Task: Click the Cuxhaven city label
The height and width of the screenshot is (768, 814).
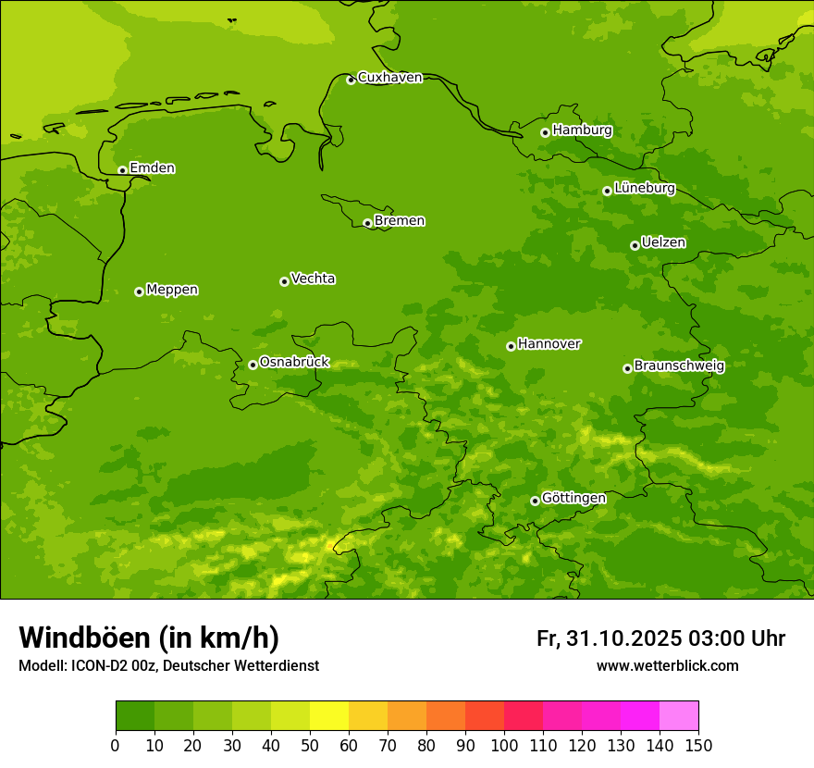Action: pyautogui.click(x=389, y=77)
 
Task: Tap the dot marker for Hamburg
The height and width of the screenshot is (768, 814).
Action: pyautogui.click(x=545, y=132)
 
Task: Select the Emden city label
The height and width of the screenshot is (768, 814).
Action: pyautogui.click(x=152, y=167)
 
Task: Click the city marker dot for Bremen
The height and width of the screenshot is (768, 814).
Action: pyautogui.click(x=367, y=223)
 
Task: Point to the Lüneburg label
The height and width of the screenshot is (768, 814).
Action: pyautogui.click(x=644, y=188)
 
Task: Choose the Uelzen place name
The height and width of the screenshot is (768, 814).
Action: pyautogui.click(x=663, y=242)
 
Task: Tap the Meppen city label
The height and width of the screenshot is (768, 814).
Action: pyautogui.click(x=172, y=290)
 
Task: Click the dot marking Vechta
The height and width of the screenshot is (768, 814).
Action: pyautogui.click(x=284, y=281)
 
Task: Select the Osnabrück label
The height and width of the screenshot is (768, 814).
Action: pyautogui.click(x=294, y=362)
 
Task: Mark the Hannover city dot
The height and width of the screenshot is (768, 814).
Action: pyautogui.click(x=511, y=346)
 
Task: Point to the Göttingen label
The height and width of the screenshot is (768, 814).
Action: pyautogui.click(x=573, y=498)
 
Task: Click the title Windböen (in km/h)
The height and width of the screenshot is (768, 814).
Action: pyautogui.click(x=149, y=638)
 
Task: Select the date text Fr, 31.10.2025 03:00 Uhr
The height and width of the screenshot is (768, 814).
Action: pyautogui.click(x=660, y=638)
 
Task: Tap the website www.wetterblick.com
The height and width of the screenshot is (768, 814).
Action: pyautogui.click(x=667, y=665)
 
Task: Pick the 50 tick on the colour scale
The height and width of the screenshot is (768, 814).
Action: pyautogui.click(x=310, y=745)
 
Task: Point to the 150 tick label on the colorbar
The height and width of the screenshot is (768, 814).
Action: pyautogui.click(x=698, y=745)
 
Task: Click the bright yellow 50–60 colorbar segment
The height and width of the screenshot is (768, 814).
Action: pyautogui.click(x=329, y=715)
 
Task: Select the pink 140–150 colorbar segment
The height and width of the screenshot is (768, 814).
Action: pyautogui.click(x=679, y=715)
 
